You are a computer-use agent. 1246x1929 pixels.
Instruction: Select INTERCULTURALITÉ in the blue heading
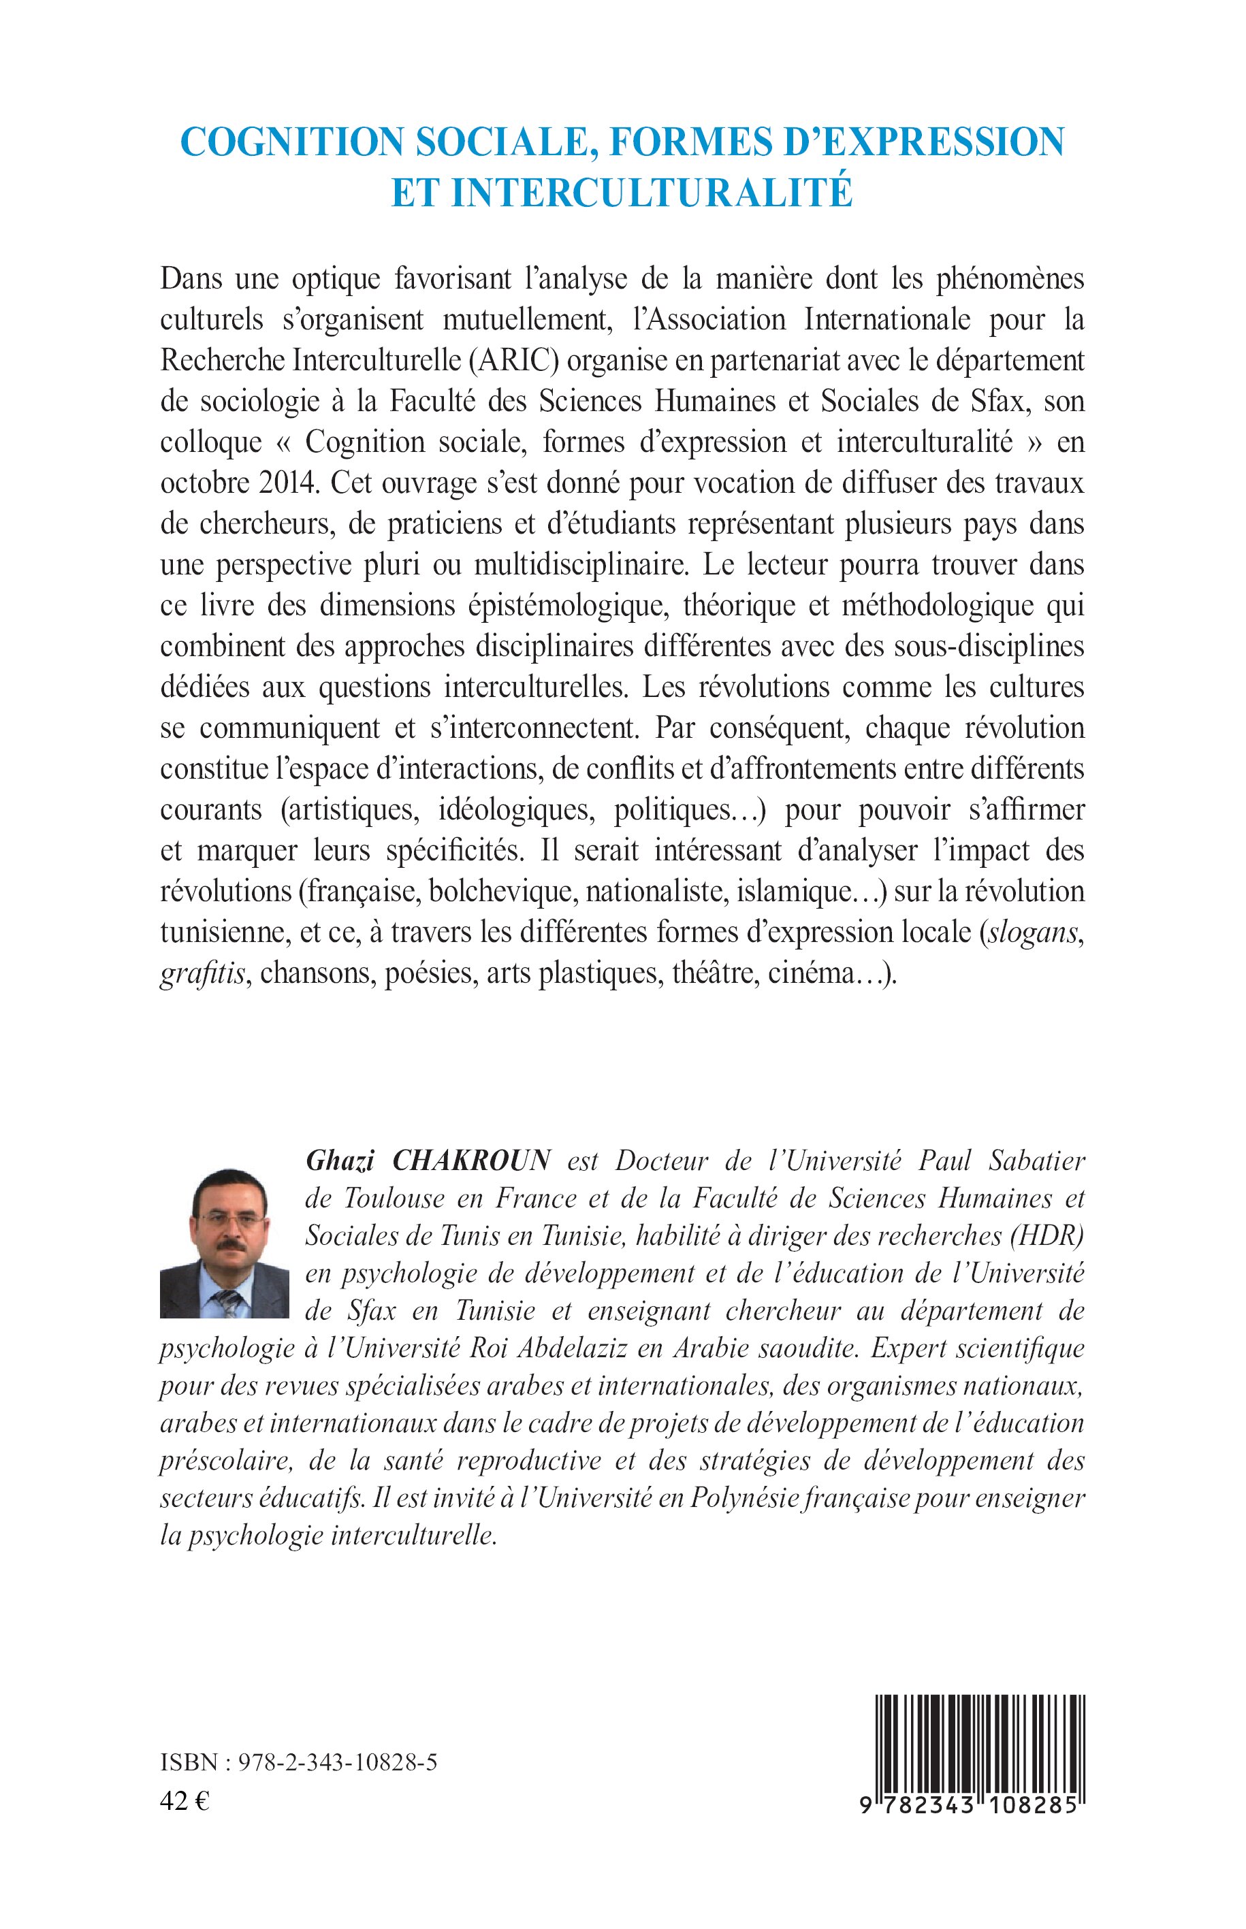652,193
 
